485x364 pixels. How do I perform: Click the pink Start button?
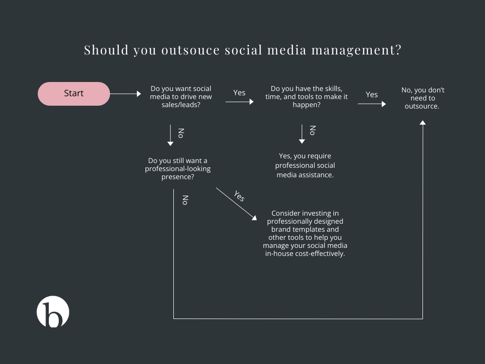[73, 93]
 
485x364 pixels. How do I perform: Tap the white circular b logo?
[53, 311]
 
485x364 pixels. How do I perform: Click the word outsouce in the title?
[190, 50]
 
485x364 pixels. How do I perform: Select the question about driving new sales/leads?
[181, 97]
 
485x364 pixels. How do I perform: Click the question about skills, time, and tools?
[306, 97]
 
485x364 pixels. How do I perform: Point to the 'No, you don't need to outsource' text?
[422, 98]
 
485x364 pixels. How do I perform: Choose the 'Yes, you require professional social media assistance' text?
[305, 165]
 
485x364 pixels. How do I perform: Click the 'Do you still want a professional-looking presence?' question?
[178, 169]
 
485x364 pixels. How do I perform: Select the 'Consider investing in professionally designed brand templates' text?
[305, 233]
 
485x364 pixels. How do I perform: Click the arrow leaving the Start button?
[125, 93]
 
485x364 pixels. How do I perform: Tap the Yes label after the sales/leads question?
[239, 92]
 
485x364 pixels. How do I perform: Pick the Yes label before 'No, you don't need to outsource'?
[372, 94]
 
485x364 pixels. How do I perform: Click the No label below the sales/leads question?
[181, 133]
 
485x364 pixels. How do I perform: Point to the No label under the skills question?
[313, 130]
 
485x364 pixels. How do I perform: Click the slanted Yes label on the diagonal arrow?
[239, 196]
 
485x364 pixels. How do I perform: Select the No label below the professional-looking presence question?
[185, 200]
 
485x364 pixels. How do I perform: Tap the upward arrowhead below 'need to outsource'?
[422, 123]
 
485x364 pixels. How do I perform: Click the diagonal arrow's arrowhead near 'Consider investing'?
[254, 218]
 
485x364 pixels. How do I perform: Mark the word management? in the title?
[356, 50]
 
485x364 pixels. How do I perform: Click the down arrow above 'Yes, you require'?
[302, 134]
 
